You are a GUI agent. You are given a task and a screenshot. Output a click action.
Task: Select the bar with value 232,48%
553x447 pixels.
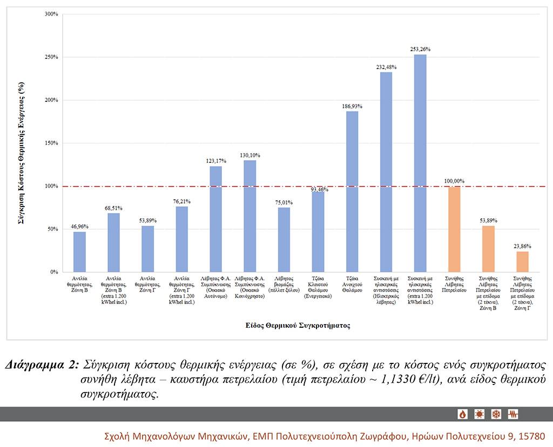pyautogui.click(x=386, y=172)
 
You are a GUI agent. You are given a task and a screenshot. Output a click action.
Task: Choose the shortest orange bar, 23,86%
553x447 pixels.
pyautogui.click(x=522, y=262)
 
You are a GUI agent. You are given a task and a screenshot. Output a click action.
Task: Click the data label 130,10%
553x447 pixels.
pyautogui.click(x=250, y=155)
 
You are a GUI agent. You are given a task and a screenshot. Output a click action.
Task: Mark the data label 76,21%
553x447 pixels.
pyautogui.click(x=181, y=201)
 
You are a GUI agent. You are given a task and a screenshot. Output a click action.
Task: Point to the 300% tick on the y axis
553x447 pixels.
pyautogui.click(x=51, y=14)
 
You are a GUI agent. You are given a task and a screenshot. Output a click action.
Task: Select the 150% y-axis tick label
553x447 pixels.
pyautogui.click(x=51, y=143)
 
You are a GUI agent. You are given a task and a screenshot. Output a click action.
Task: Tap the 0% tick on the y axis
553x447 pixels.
pyautogui.click(x=54, y=272)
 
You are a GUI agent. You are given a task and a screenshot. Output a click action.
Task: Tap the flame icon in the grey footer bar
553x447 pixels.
pyautogui.click(x=463, y=414)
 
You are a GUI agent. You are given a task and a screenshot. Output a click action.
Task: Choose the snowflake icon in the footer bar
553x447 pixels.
pyautogui.click(x=496, y=414)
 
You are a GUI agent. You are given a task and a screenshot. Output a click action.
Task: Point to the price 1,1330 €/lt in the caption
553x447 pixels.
pyautogui.click(x=405, y=379)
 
